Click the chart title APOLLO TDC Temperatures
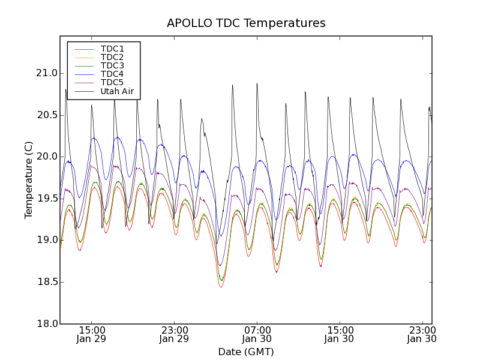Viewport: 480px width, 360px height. click(246, 23)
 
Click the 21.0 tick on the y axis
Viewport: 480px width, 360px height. click(46, 73)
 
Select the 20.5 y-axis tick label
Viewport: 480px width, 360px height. click(46, 115)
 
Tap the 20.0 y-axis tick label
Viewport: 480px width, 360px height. click(46, 157)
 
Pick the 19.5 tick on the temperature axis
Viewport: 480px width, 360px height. click(46, 199)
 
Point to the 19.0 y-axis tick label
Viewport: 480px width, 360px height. click(46, 240)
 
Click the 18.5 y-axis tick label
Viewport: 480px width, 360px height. click(46, 282)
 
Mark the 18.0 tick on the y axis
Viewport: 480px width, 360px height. click(46, 324)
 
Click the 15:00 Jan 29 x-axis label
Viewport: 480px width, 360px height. click(91, 334)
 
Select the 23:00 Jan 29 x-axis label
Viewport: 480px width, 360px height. click(174, 334)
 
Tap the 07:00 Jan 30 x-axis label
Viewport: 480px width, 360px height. click(257, 334)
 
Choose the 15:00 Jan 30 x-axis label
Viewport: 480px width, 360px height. click(340, 334)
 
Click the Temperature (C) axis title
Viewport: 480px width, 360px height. click(29, 180)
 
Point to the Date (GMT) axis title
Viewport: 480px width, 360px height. click(246, 352)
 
